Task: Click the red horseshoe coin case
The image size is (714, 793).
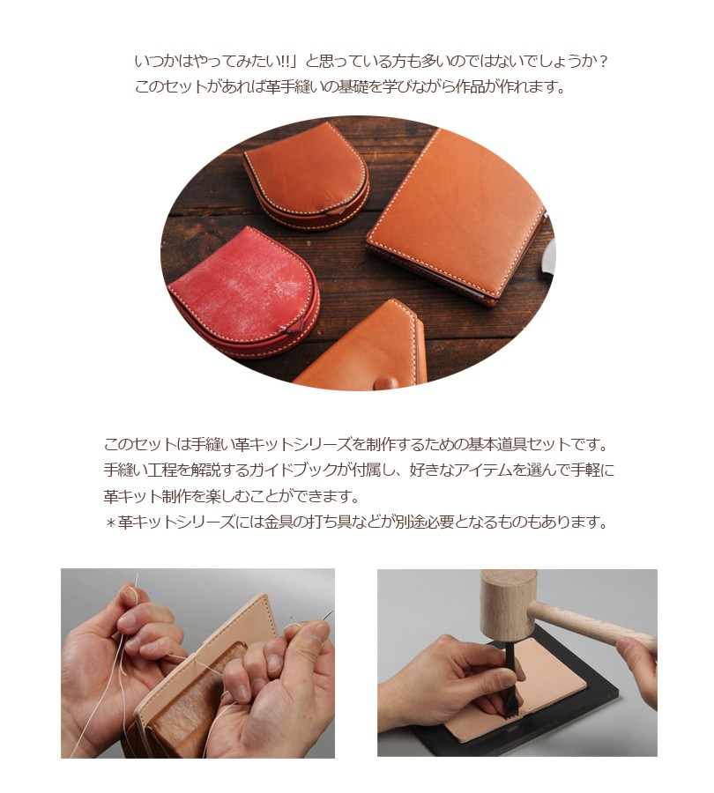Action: tap(243, 291)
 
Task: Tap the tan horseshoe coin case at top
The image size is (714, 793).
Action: tap(307, 174)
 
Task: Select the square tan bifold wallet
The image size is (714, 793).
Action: tap(458, 218)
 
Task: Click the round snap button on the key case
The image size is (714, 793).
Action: tap(387, 382)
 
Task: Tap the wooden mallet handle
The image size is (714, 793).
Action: tap(592, 626)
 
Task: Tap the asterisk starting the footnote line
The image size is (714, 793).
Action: tap(111, 522)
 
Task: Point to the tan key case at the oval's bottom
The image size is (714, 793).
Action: tap(364, 349)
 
